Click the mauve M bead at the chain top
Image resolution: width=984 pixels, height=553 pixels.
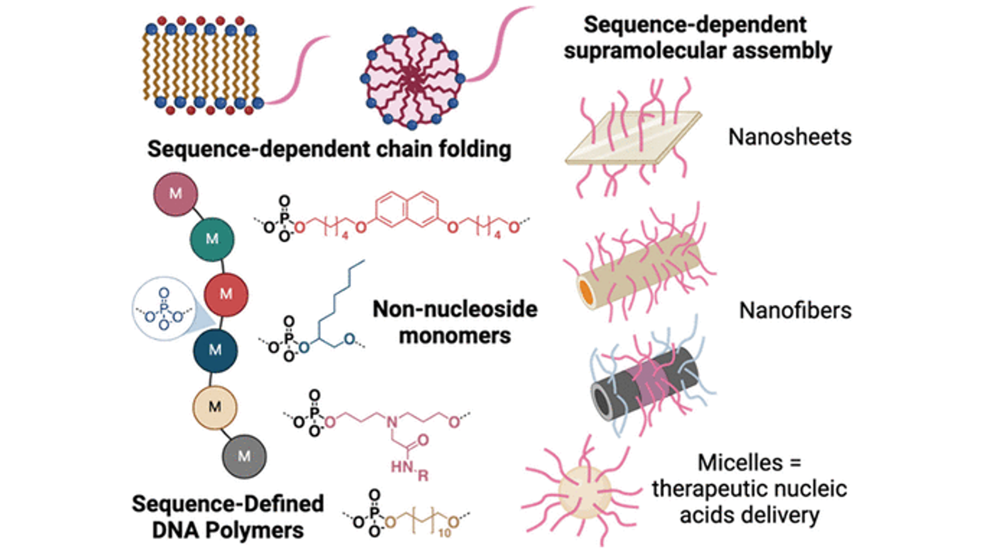tap(176, 194)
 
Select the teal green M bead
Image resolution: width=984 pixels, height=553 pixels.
tap(212, 239)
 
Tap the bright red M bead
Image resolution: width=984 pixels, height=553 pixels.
tap(226, 294)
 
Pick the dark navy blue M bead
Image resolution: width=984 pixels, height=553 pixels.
tap(215, 350)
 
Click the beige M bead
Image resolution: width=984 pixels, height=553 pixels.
tap(215, 407)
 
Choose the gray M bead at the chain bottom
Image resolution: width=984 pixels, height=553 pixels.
tap(244, 456)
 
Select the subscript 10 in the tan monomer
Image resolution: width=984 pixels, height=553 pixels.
tap(444, 533)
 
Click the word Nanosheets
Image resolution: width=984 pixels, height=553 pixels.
tap(789, 137)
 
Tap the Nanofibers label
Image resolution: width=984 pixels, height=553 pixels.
tap(795, 311)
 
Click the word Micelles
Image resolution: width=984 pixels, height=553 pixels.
tap(740, 463)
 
